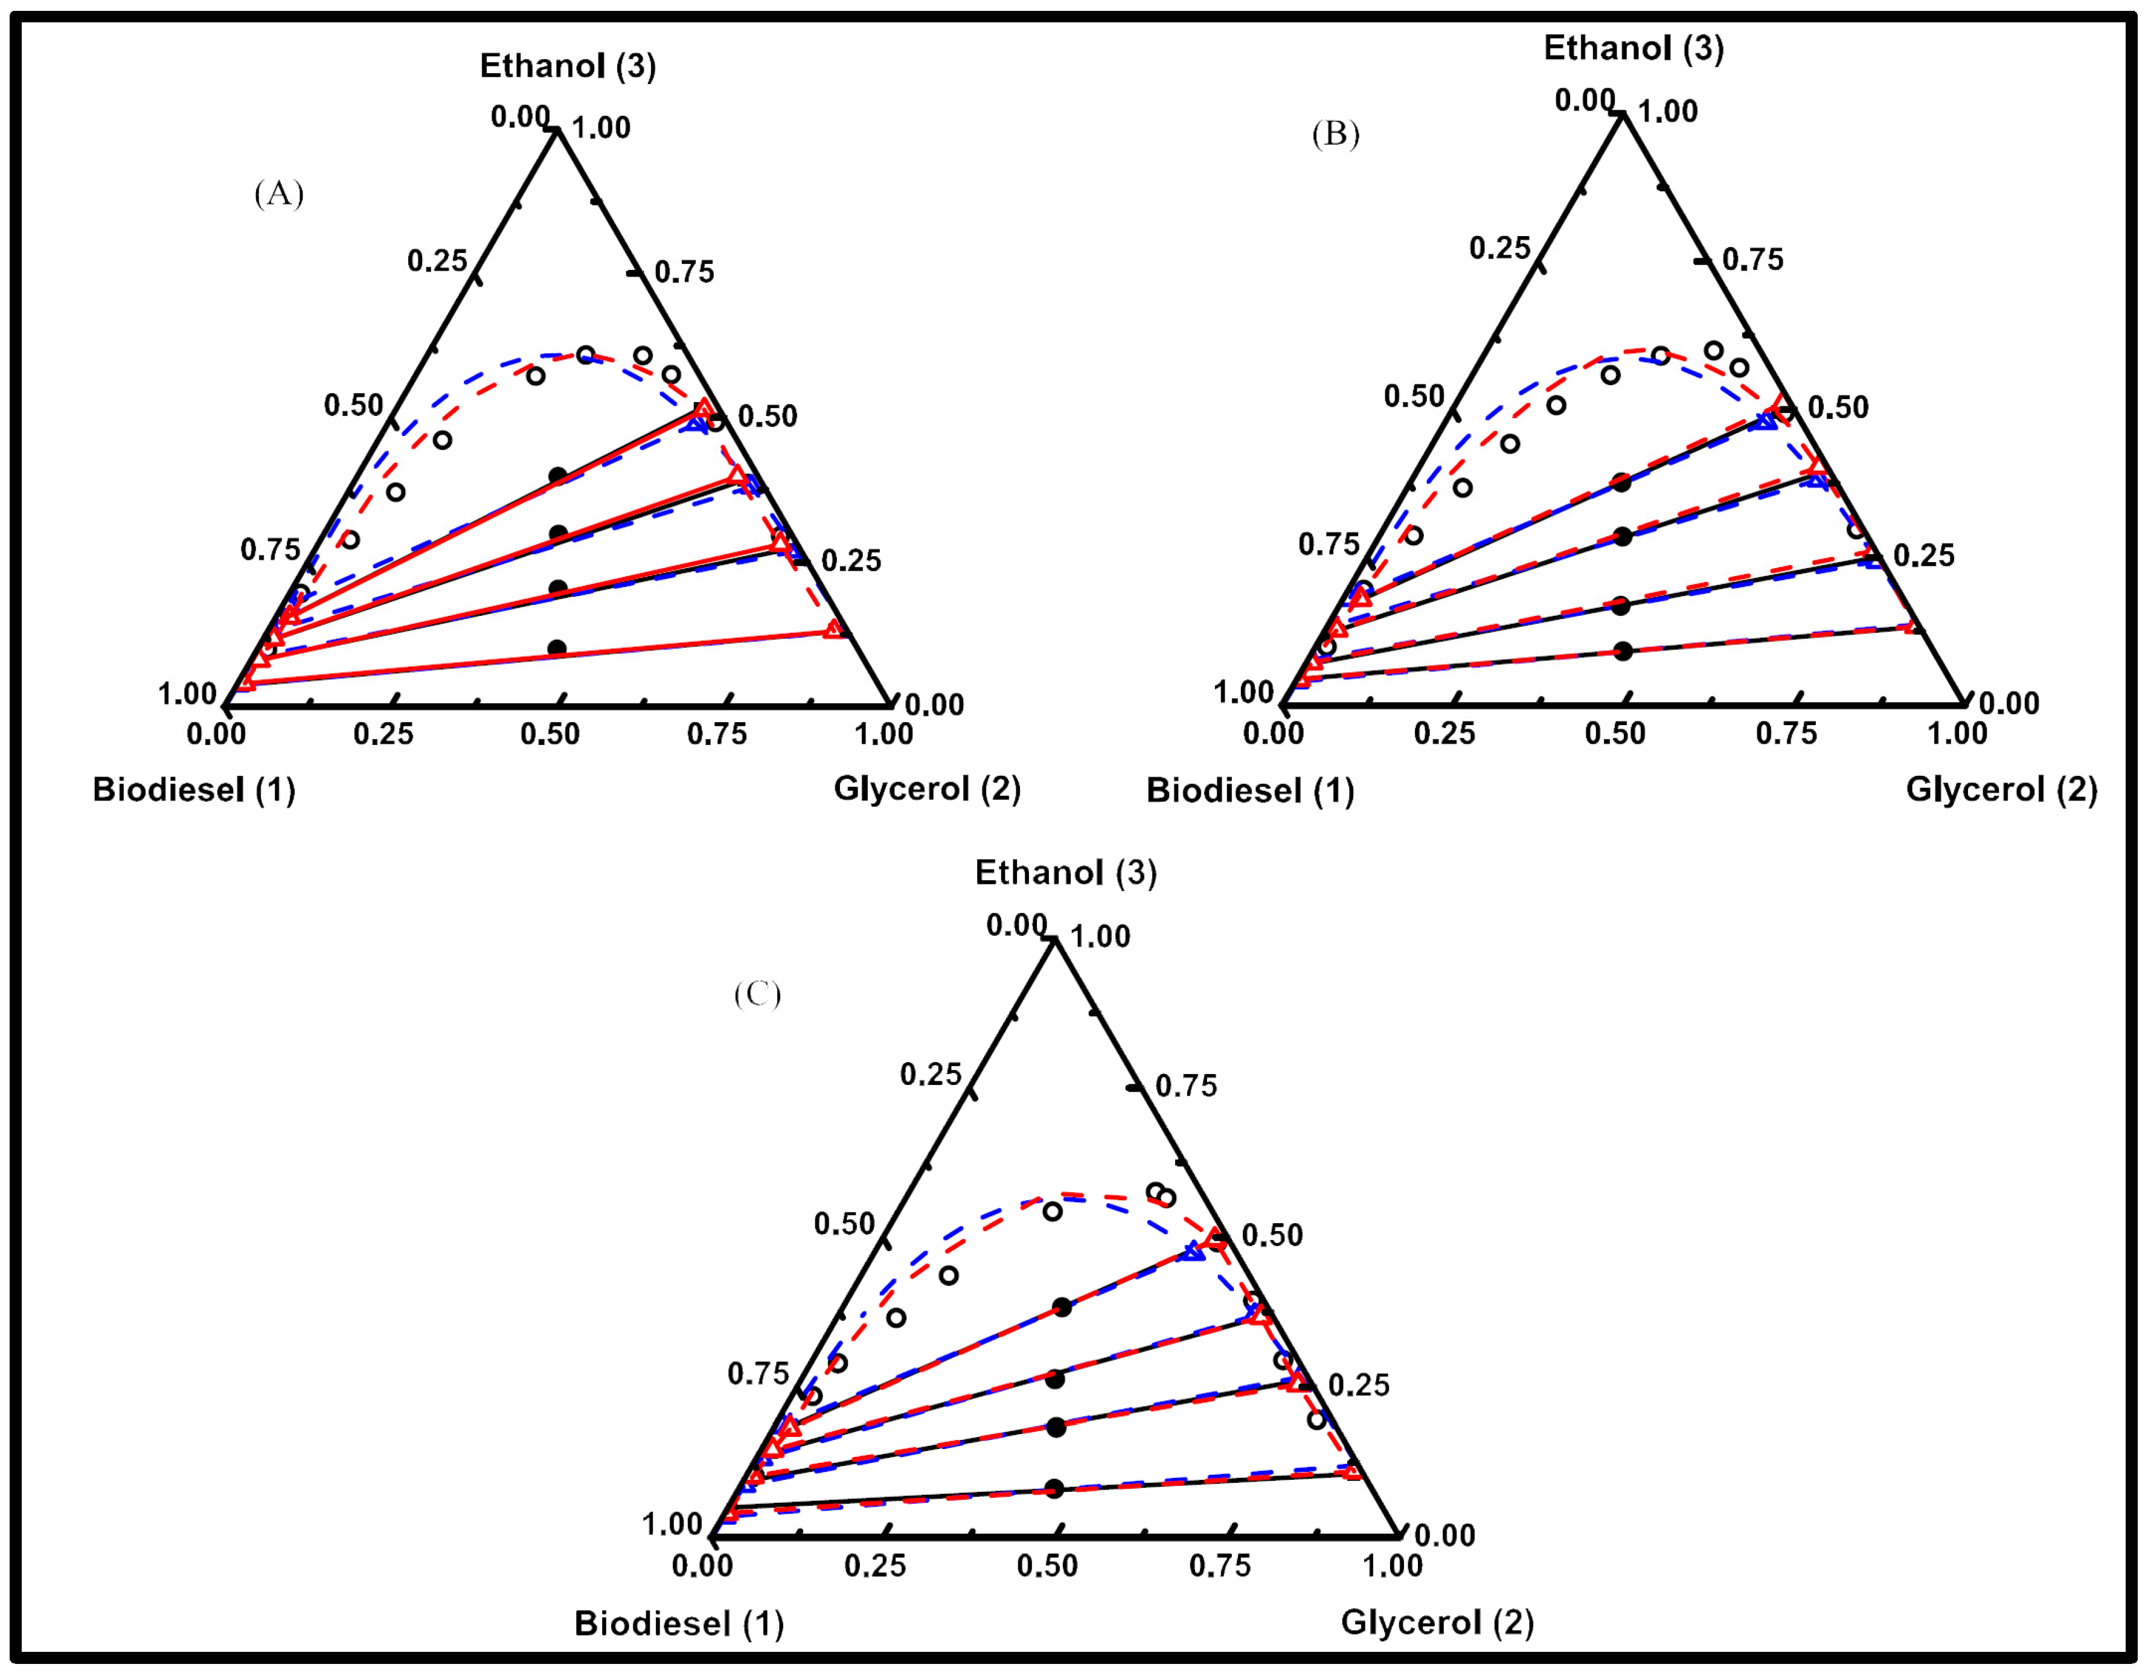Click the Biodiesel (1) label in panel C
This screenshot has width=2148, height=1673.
click(679, 1623)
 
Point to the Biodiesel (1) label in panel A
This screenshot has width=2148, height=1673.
click(194, 790)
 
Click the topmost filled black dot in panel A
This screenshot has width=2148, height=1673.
click(557, 476)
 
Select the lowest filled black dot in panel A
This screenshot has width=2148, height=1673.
click(557, 648)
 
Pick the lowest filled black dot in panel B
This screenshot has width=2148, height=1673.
click(1623, 651)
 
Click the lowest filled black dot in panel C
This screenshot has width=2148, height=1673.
click(1054, 1488)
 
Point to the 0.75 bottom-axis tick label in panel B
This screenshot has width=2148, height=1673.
click(1786, 734)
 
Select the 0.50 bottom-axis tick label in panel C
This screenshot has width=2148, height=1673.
click(1048, 1566)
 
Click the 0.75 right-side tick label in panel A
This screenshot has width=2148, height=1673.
click(685, 272)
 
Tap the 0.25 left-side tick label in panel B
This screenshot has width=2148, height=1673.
click(1500, 248)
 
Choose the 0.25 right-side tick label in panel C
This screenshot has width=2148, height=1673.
click(1359, 1385)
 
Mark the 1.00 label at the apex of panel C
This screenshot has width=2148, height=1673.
click(1100, 936)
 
